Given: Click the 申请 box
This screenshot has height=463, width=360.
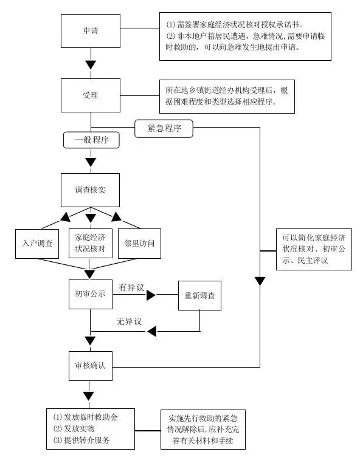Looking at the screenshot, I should pyautogui.click(x=91, y=29).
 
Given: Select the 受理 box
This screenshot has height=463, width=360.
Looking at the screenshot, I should pyautogui.click(x=91, y=96).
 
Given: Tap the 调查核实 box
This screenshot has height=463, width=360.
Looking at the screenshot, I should pyautogui.click(x=91, y=190).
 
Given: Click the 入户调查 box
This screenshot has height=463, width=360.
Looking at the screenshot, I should pyautogui.click(x=36, y=243).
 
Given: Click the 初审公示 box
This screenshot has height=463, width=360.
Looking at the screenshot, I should pyautogui.click(x=91, y=295).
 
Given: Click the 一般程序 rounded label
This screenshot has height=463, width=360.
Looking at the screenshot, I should pyautogui.click(x=91, y=140).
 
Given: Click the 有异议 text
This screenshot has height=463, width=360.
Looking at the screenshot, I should pyautogui.click(x=131, y=287).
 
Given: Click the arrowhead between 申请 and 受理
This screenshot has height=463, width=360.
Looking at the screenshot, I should pyautogui.click(x=91, y=64).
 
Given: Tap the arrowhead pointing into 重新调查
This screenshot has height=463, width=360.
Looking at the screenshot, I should pyautogui.click(x=151, y=295).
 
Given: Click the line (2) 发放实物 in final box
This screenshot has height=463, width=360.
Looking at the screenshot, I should pyautogui.click(x=78, y=428).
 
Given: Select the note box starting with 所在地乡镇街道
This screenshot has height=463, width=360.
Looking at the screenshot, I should pyautogui.click(x=226, y=96).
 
